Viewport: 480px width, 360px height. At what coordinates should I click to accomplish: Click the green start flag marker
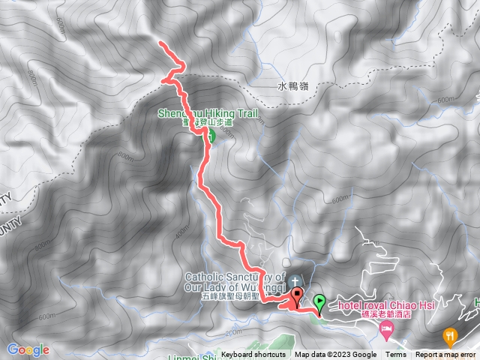(x=320, y=303)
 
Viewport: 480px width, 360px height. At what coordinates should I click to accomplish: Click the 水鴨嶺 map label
(x=292, y=86)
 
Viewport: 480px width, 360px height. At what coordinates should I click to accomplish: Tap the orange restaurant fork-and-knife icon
(x=450, y=334)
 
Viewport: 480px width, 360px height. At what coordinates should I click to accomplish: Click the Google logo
(x=28, y=349)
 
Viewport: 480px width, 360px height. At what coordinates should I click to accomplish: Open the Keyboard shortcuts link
(x=253, y=355)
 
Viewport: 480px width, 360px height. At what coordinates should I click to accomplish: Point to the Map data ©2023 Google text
(x=335, y=355)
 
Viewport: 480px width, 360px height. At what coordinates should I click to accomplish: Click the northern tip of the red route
(x=160, y=46)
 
